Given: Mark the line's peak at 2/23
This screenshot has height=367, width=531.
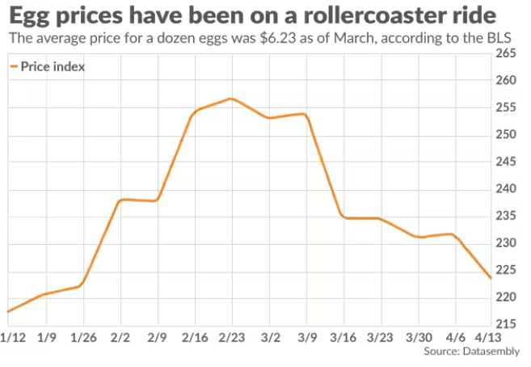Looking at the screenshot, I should (x=231, y=99).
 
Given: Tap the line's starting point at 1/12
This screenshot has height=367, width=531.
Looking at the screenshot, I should (x=7, y=311).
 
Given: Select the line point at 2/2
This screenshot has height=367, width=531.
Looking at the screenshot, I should (x=120, y=200).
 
